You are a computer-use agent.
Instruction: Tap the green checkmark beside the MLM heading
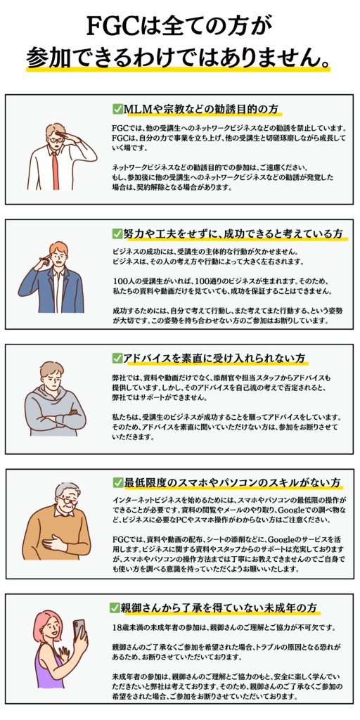coord(117,108)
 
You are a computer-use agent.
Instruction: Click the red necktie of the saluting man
coord(56,170)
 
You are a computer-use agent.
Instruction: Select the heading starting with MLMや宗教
coord(202,109)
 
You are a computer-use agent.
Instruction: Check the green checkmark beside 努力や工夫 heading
coord(117,233)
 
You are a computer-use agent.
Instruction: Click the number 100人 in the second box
coord(123,280)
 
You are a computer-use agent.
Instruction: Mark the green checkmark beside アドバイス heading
coord(117,358)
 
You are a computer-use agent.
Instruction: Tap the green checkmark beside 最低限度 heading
coord(117,482)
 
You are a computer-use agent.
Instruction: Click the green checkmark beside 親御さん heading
coord(115,607)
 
